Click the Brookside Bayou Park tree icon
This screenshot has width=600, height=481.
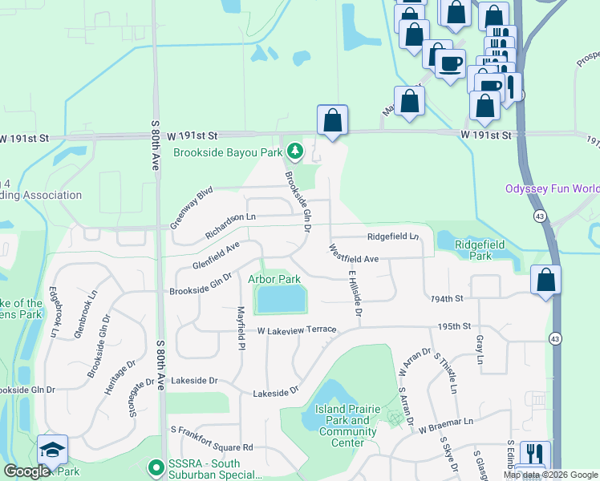pyautogui.click(x=296, y=151)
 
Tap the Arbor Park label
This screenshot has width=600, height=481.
pyautogui.click(x=274, y=279)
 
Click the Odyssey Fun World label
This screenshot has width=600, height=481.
pyautogui.click(x=551, y=189)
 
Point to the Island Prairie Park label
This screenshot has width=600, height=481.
pyautogui.click(x=347, y=420)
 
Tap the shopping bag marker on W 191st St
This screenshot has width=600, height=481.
pyautogui.click(x=332, y=122)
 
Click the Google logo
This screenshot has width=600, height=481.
pyautogui.click(x=26, y=471)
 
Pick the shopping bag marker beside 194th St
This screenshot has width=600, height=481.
pyautogui.click(x=545, y=281)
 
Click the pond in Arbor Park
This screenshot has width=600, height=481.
pyautogui.click(x=281, y=300)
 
